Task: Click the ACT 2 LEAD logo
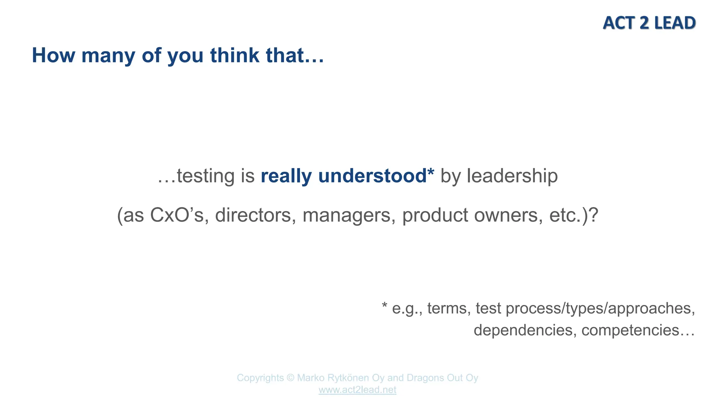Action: tap(649, 23)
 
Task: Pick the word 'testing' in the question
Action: tap(206, 176)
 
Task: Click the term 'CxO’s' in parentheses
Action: tap(177, 215)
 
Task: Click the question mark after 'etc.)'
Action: tap(594, 215)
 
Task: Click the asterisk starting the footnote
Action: tap(385, 306)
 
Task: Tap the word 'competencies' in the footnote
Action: tap(630, 330)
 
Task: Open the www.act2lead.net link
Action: tap(357, 390)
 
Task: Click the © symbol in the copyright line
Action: tap(290, 378)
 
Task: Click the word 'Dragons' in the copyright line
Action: tap(428, 378)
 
